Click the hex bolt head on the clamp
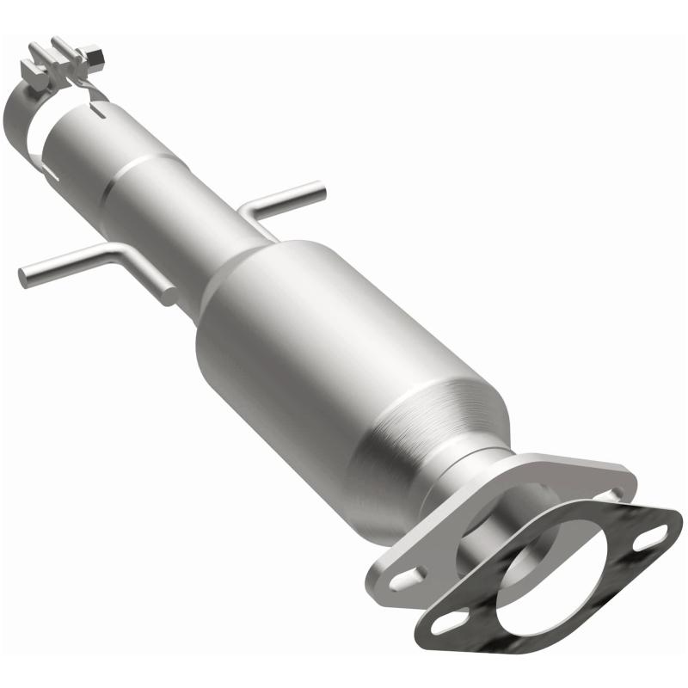pos(95,59)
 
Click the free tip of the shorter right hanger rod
pos(320,187)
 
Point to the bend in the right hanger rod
pos(249,206)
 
